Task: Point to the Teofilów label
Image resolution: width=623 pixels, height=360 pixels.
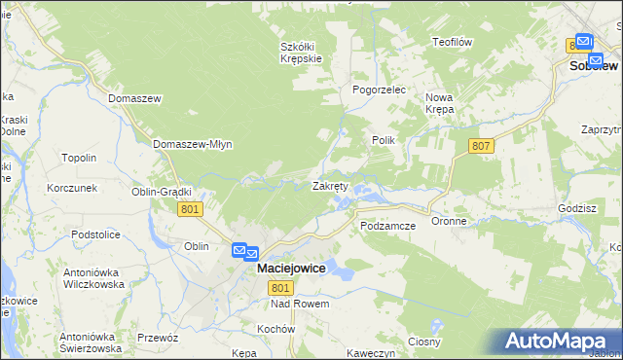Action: (x=453, y=42)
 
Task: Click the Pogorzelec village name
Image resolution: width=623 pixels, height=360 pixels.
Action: (x=379, y=89)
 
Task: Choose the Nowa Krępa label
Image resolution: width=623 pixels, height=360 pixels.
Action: (x=440, y=103)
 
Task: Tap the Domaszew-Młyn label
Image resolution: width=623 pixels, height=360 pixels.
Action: (x=192, y=144)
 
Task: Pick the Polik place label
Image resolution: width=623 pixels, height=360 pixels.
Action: (x=383, y=140)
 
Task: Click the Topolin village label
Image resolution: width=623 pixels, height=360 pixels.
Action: (x=79, y=158)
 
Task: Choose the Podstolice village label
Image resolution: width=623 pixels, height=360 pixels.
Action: (x=95, y=234)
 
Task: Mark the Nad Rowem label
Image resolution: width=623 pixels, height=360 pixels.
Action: (x=301, y=305)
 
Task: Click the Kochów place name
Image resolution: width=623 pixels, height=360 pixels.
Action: (x=276, y=329)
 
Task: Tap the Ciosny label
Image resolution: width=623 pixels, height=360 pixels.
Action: (x=425, y=342)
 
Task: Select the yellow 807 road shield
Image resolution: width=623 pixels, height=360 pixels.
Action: (x=481, y=146)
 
